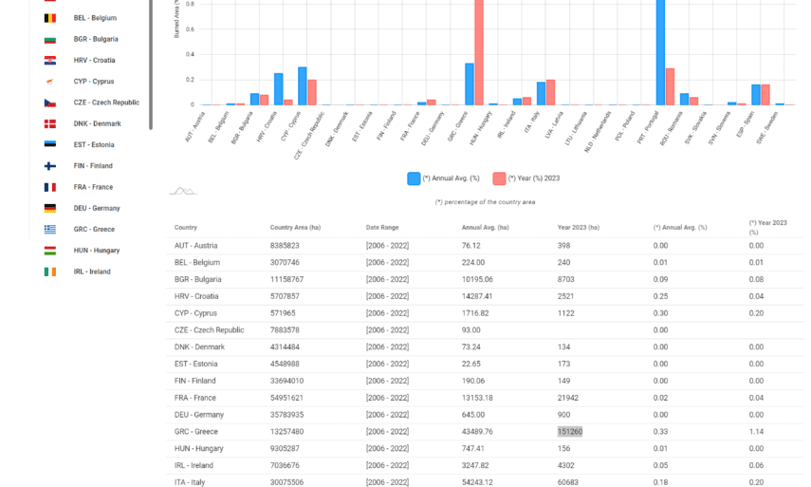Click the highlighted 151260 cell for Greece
[570, 431]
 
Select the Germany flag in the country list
[49, 208]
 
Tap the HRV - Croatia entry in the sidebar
[94, 60]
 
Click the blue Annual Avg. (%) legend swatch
[414, 178]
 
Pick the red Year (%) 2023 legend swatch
[499, 178]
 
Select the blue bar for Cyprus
[302, 85]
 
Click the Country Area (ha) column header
[300, 227]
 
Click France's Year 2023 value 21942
[571, 398]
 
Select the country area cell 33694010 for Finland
[286, 381]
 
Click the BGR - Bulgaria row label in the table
[197, 279]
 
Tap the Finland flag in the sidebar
[49, 166]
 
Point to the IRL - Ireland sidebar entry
[92, 272]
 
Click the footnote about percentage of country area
[485, 201]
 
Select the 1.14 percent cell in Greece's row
[756, 431]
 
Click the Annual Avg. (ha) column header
[485, 227]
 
